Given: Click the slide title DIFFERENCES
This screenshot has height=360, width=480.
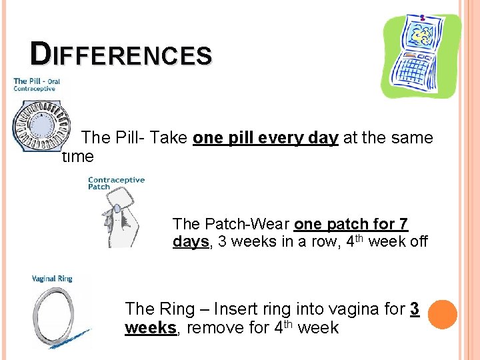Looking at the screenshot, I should (x=121, y=54).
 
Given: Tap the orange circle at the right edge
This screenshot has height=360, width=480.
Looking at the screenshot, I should (x=442, y=313).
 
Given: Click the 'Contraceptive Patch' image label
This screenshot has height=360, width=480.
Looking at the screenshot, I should (x=116, y=183).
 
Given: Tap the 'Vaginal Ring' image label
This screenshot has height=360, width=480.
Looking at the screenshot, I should (x=52, y=278).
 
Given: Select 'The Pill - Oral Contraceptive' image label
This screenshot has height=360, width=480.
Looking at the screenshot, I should (x=37, y=85).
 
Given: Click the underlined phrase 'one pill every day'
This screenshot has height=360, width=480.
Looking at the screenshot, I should (x=265, y=138).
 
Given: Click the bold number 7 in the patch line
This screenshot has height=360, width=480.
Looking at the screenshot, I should (x=402, y=224).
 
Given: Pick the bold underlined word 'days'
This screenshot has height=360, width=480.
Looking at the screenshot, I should (x=191, y=241).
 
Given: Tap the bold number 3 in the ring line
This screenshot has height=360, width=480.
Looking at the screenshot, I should (x=415, y=309).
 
